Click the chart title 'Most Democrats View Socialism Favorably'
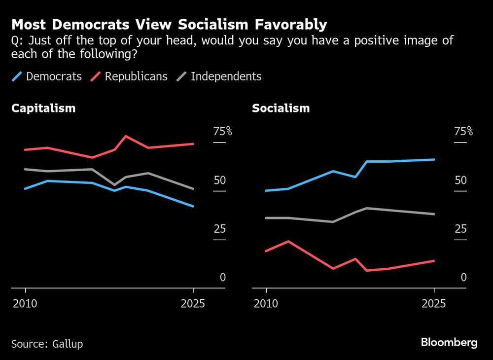tap(169, 24)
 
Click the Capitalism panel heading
tap(43, 108)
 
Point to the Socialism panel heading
tap(281, 108)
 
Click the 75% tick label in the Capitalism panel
tap(222, 131)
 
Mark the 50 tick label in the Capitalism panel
tap(219, 180)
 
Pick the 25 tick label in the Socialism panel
tap(460, 229)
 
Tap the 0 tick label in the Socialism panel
tap(463, 277)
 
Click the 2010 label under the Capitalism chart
tap(25, 303)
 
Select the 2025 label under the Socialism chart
tap(434, 303)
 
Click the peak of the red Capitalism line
tap(126, 136)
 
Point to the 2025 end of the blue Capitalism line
tap(193, 206)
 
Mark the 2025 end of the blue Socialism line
tap(434, 159)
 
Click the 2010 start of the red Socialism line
tap(267, 251)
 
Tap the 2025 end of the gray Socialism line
tap(434, 214)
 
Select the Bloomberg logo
tap(449, 343)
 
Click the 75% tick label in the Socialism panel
tap(463, 131)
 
